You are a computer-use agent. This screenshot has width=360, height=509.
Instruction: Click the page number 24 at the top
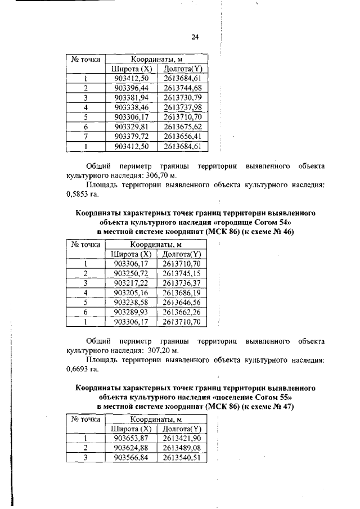click(195, 37)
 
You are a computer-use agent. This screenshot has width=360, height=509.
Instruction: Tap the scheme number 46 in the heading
click(288, 231)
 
